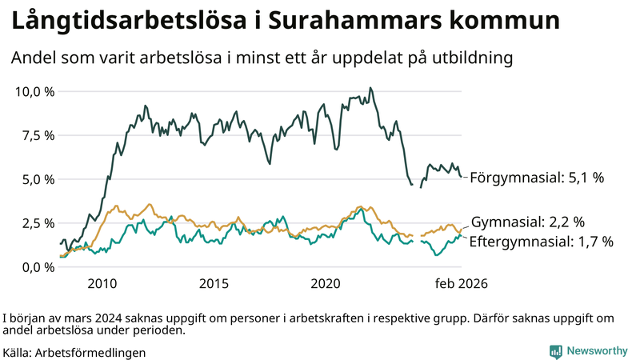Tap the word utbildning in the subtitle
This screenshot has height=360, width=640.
[x=470, y=58]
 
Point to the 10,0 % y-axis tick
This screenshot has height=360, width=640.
[x=34, y=91]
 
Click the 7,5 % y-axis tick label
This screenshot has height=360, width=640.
[x=37, y=135]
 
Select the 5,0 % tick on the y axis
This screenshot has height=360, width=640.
[x=37, y=179]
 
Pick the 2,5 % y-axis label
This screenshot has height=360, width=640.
[x=37, y=223]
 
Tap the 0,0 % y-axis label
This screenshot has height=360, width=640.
[x=37, y=267]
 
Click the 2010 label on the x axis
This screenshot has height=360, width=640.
[x=103, y=283]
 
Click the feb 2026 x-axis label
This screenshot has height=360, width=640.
[x=462, y=283]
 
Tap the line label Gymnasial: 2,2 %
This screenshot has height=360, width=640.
[x=528, y=222]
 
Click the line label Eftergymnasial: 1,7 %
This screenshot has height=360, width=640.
[x=541, y=241]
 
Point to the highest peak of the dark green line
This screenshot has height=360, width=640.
[x=370, y=88]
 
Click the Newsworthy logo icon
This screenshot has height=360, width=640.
[x=556, y=351]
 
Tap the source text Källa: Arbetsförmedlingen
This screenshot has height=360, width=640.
[x=74, y=352]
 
